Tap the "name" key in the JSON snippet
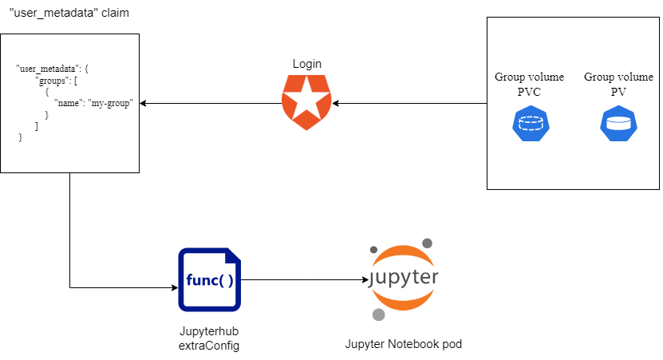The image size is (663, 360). point(70,104)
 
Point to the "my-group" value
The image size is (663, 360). point(111,104)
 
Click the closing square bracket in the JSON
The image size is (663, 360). point(37,126)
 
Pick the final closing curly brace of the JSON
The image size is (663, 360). point(21,137)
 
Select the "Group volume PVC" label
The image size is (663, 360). point(529,85)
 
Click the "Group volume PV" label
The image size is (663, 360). point(618,85)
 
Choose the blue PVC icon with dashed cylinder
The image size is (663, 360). point(530,124)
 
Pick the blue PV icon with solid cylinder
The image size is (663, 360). point(618,124)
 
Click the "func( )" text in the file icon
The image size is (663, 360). point(209,281)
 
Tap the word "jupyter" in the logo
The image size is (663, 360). point(403,277)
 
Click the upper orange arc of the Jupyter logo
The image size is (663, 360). point(403,254)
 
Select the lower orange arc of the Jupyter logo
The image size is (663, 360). point(403,301)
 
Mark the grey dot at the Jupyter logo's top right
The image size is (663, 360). point(428,242)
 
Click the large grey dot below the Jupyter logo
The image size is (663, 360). point(379,315)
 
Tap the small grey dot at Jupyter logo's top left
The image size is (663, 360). point(373,250)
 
